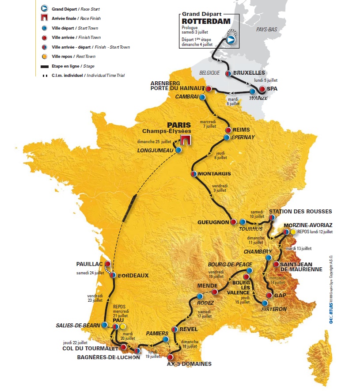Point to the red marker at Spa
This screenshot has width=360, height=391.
262,89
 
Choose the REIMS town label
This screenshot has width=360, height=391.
241,130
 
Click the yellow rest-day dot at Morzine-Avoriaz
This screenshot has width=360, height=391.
293,232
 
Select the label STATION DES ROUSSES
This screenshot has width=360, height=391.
300,211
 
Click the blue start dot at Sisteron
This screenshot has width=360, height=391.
265,303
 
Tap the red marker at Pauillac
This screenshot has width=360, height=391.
107,264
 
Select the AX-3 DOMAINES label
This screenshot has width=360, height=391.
189,364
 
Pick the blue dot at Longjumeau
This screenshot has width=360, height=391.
178,150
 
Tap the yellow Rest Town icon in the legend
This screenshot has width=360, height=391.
44,57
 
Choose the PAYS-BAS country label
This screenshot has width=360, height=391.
266,29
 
